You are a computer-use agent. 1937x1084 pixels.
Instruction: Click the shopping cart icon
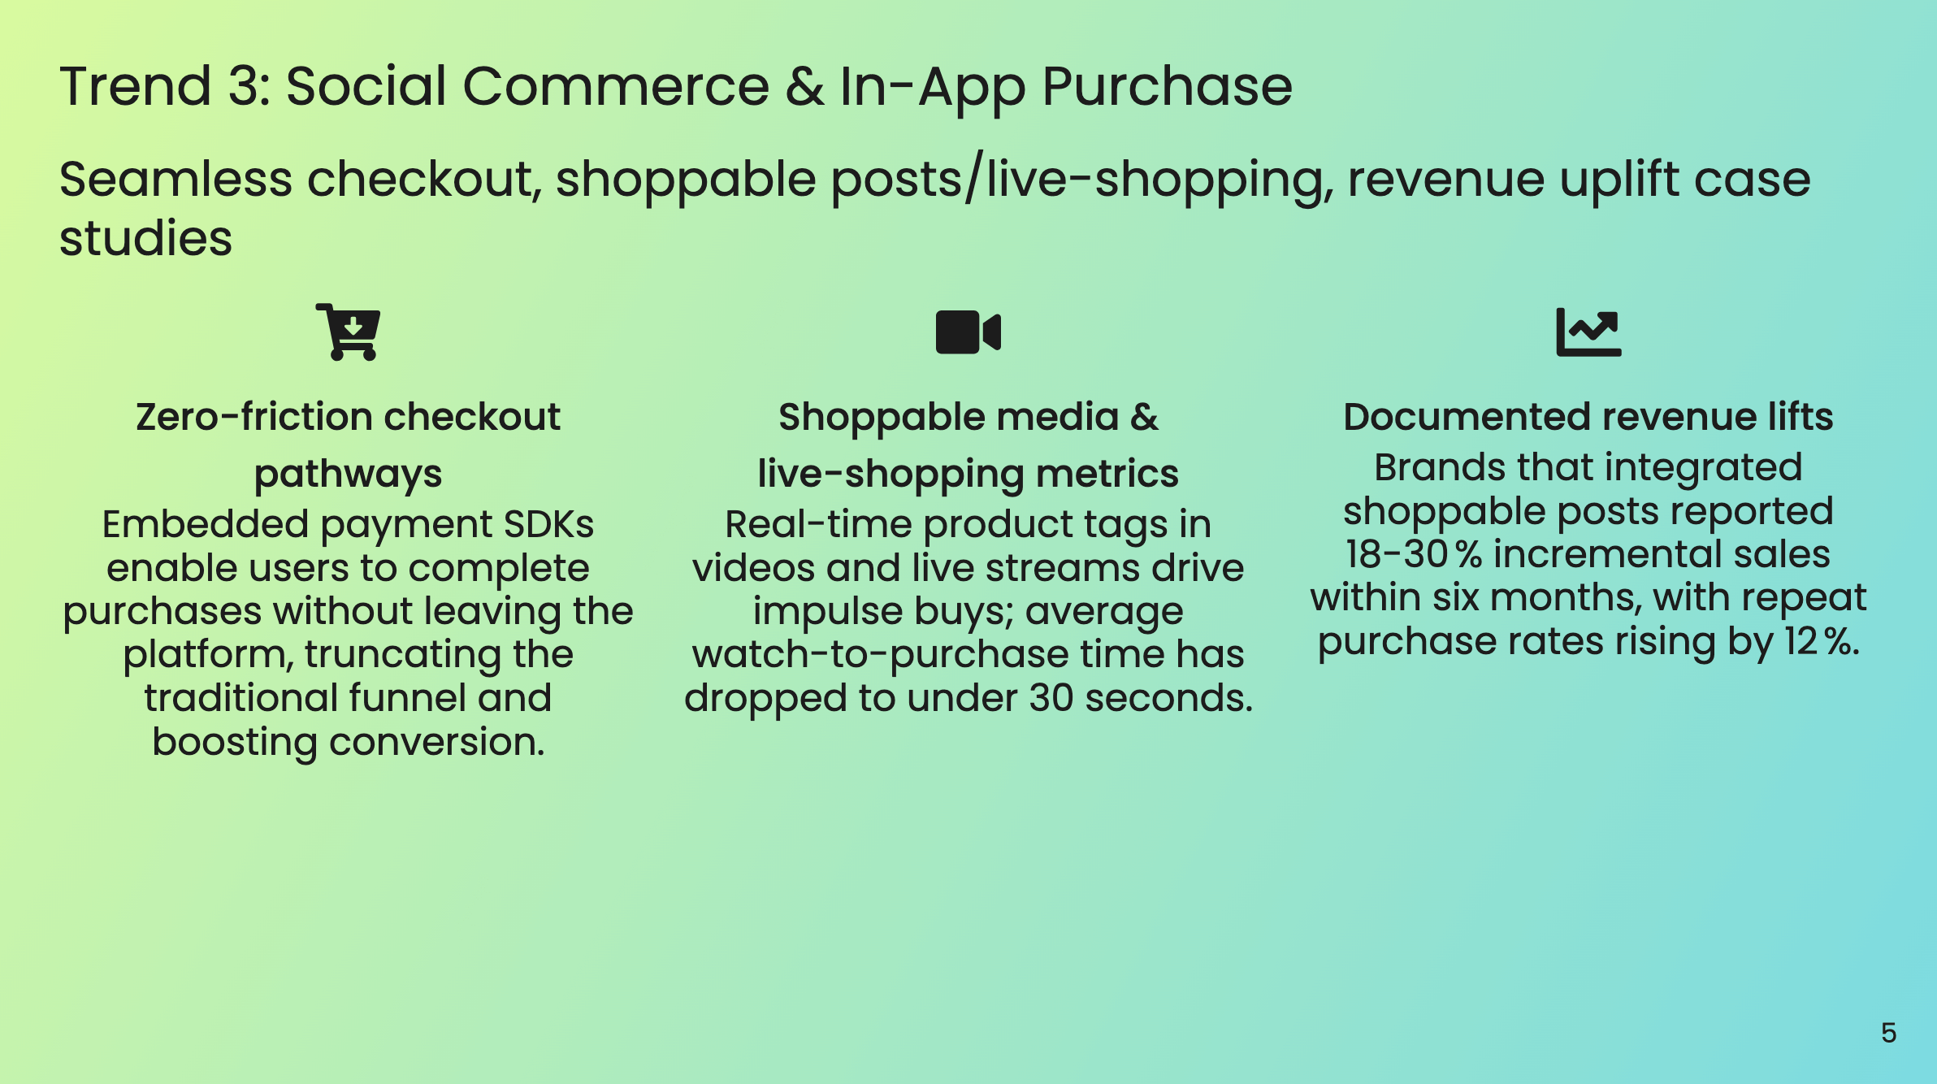point(349,332)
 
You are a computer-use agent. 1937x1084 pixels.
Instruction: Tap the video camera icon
point(968,332)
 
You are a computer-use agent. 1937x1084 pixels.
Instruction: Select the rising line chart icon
point(1588,332)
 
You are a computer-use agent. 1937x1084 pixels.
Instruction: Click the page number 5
point(1888,1033)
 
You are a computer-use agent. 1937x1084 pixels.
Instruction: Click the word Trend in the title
point(136,86)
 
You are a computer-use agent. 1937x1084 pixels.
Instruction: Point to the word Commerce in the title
point(616,86)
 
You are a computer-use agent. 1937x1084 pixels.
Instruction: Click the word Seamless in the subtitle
point(175,179)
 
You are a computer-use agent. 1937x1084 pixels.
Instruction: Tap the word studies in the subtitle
point(146,239)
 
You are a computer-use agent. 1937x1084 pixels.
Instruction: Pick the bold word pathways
point(348,474)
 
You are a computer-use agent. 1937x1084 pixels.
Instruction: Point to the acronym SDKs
point(548,524)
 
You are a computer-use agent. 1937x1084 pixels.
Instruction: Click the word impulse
point(827,611)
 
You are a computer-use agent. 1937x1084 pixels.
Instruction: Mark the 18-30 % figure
point(1413,554)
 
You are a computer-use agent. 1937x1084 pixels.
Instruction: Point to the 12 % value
point(1821,641)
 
